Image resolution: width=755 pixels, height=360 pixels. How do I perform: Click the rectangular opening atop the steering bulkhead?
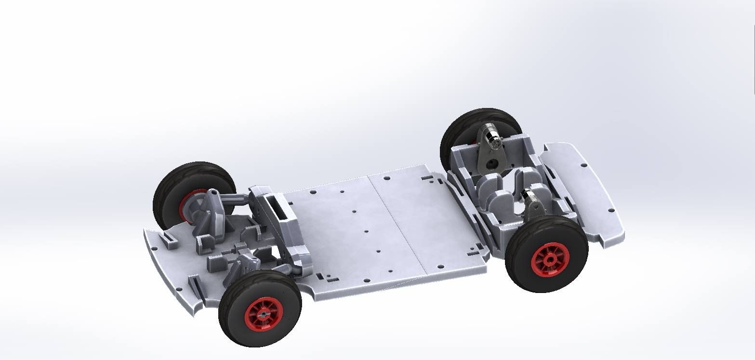[x=274, y=200]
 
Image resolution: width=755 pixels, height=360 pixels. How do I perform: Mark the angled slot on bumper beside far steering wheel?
[x=169, y=236]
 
